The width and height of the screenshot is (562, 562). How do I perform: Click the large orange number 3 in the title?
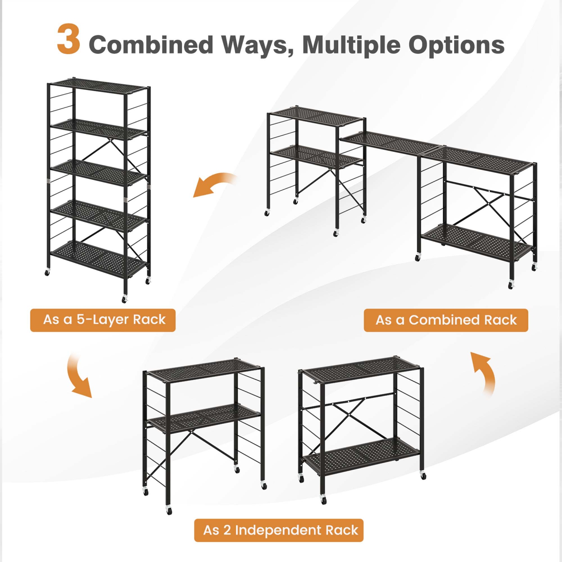[x=69, y=39]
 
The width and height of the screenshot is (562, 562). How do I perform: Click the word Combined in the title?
[x=151, y=45]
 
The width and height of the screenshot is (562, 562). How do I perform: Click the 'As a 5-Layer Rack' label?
[x=103, y=320]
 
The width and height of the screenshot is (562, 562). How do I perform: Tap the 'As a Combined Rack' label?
[x=446, y=320]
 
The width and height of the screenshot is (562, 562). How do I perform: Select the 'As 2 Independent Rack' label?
[x=279, y=530]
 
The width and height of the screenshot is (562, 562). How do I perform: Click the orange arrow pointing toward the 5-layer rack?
[x=214, y=184]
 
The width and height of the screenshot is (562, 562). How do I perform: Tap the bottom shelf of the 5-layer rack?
[x=98, y=259]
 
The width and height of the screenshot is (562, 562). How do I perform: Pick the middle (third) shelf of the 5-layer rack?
[x=98, y=172]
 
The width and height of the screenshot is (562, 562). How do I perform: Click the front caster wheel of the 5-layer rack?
[x=124, y=299]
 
